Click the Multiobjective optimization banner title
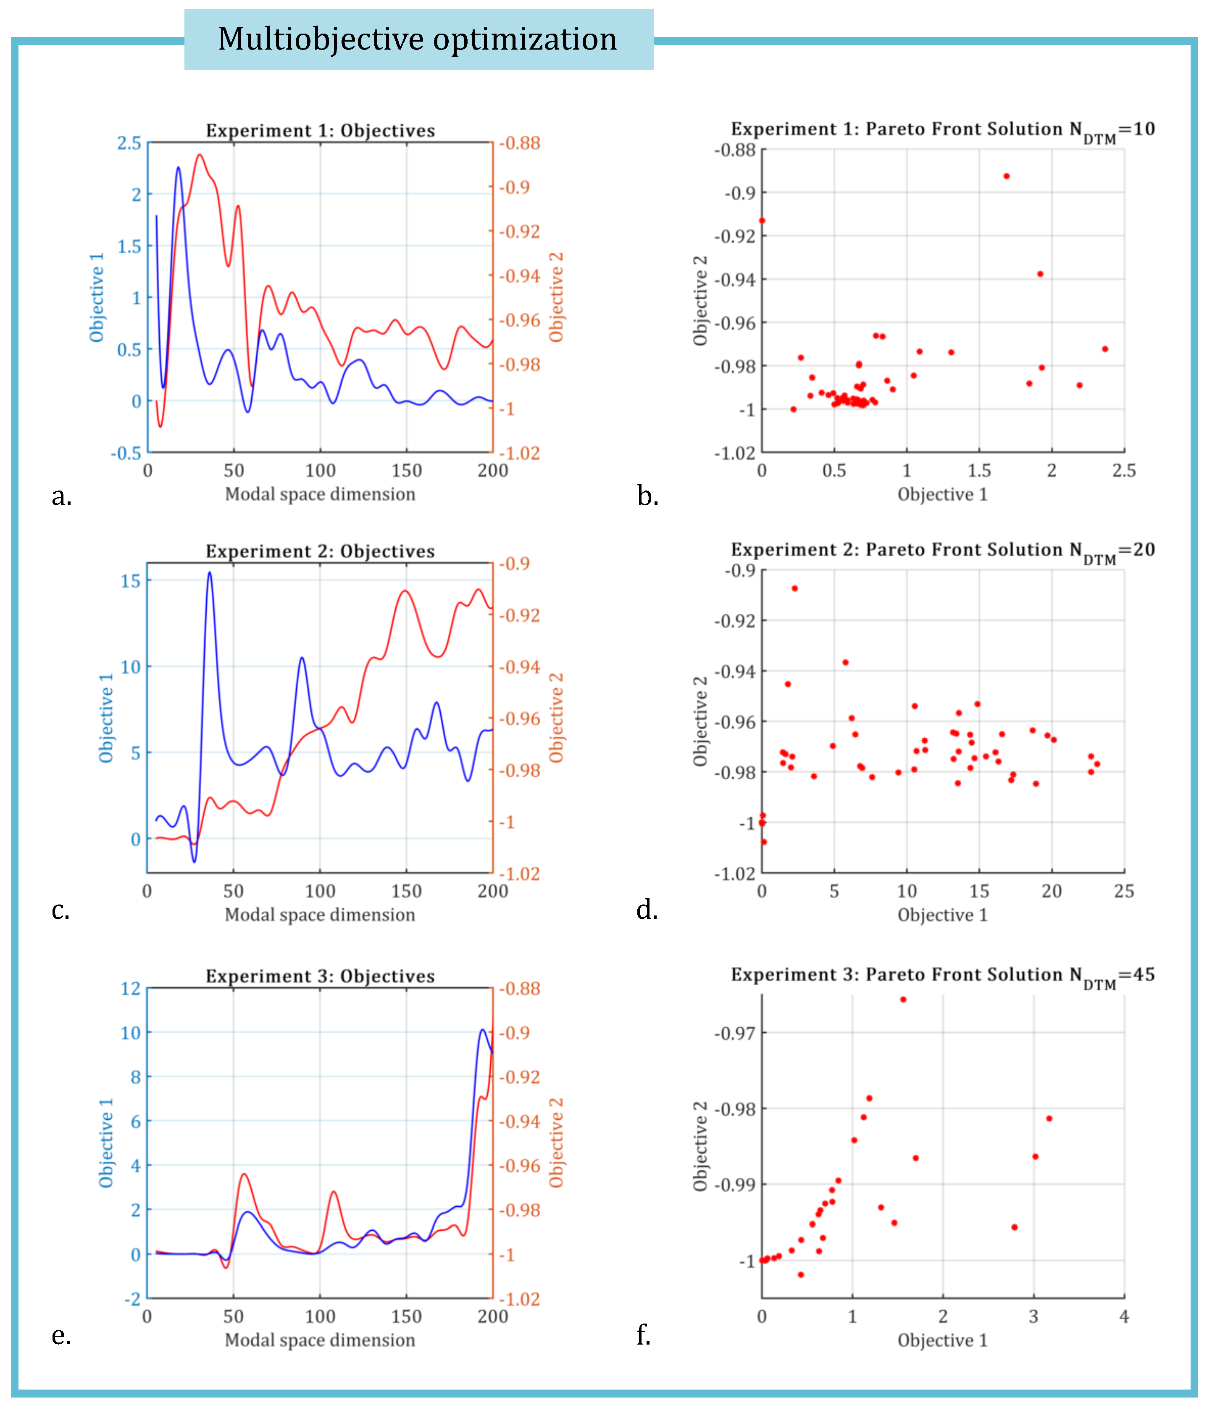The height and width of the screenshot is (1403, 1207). point(417,39)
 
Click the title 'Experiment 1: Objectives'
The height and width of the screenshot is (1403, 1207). point(320,131)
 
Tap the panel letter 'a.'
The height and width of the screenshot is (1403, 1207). point(62,497)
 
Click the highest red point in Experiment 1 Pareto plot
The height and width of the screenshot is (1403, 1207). point(1006,176)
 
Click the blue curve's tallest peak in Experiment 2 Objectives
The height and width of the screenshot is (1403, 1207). point(209,573)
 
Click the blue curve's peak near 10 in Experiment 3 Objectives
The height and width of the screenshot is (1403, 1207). point(482,1030)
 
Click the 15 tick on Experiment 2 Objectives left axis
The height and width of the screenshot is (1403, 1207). point(131,581)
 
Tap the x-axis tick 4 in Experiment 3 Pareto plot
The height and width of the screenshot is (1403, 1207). point(1124,1316)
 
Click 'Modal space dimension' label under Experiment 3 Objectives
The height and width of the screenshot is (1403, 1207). point(320,1340)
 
